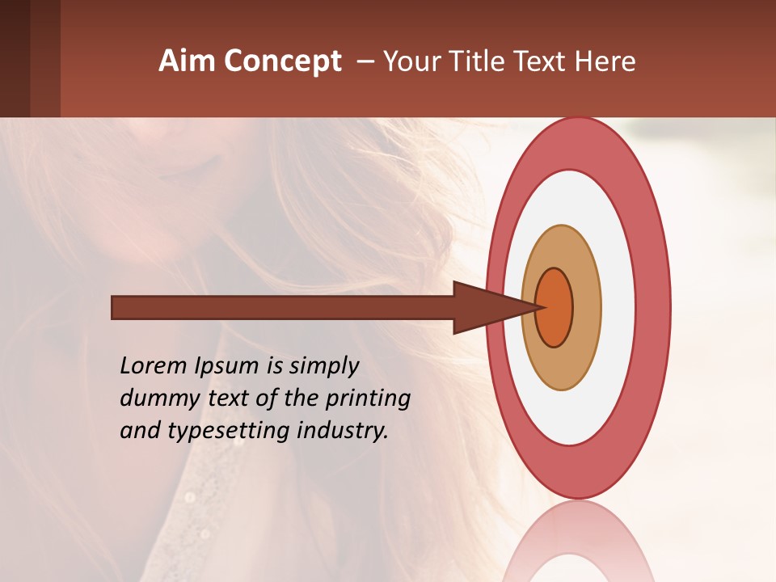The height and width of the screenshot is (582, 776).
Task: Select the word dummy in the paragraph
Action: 154,399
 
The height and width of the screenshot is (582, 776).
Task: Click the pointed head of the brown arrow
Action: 485,308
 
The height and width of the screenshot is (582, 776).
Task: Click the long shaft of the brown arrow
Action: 283,308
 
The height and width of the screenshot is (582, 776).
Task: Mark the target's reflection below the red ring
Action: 577,542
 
